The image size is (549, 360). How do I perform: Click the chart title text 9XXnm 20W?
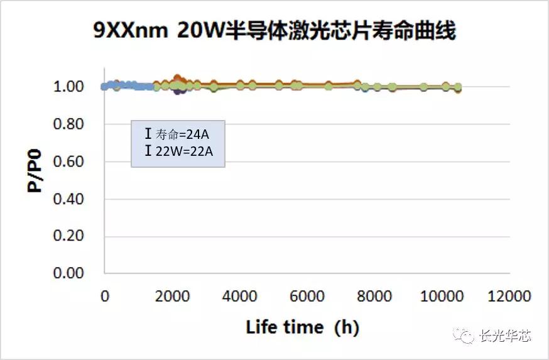point(274,30)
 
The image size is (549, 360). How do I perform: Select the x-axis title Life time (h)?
point(302,327)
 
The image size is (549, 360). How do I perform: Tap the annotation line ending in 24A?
point(177,134)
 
